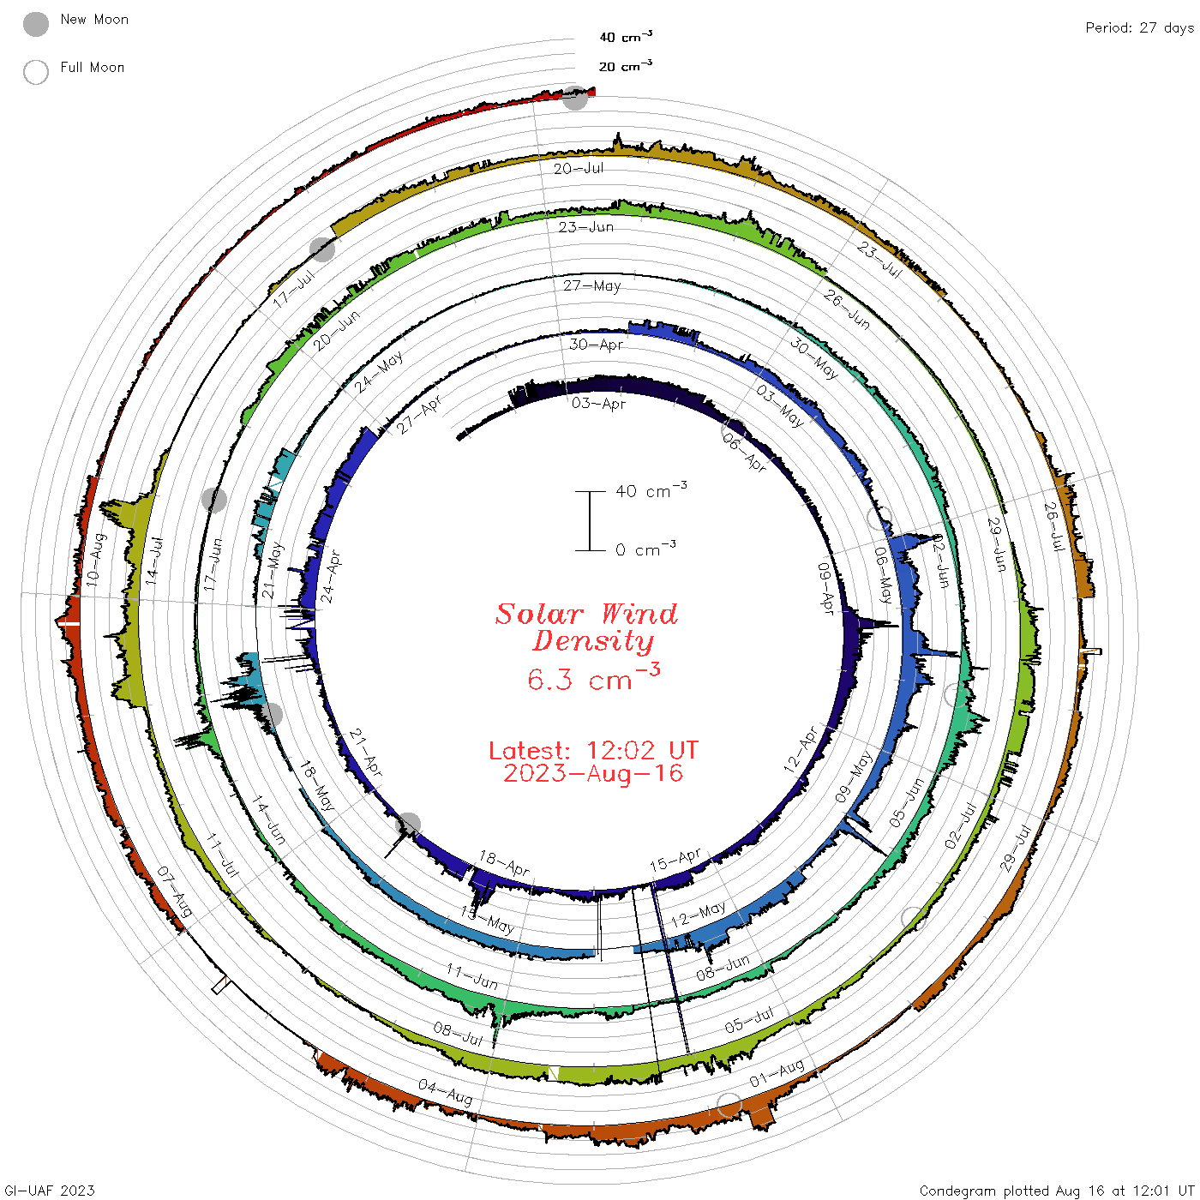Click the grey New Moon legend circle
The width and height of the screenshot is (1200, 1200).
[36, 24]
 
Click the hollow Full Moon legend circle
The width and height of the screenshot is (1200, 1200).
[36, 72]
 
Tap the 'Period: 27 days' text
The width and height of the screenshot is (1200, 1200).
[1140, 28]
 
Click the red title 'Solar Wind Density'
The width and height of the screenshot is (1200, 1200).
[586, 627]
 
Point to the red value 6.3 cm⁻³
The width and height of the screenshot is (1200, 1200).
[593, 677]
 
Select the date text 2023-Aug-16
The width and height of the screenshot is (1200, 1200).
[593, 773]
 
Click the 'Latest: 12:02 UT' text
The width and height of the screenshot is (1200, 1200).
[593, 750]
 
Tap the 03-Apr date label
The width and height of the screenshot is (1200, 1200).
[598, 403]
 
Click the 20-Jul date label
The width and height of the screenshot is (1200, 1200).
[579, 168]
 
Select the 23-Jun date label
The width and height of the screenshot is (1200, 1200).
[585, 226]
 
